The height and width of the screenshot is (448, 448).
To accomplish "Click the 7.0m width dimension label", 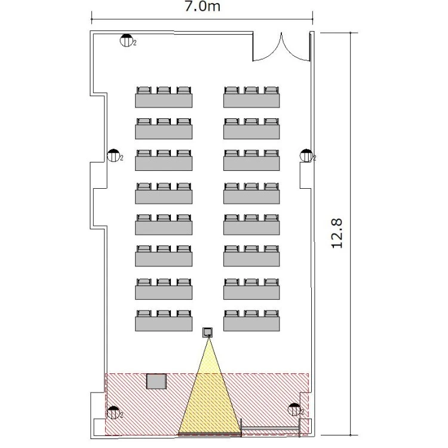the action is coord(202,7).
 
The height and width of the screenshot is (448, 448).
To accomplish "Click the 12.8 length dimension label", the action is coord(337,234).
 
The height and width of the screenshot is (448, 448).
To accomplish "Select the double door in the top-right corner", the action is coord(281,47).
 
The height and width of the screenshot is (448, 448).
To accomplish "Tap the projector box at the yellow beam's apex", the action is coord(208,332).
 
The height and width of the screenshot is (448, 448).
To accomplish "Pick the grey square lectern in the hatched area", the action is coord(157,381).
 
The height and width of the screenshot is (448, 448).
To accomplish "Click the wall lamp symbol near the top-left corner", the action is coord(126,40).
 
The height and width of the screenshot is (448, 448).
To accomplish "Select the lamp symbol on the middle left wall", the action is coord(113,156).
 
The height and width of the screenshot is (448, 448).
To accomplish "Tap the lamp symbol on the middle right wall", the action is coord(306,156).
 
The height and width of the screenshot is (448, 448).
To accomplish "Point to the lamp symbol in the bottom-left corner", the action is coord(113,413).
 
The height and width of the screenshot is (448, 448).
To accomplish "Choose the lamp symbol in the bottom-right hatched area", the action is coord(294,409).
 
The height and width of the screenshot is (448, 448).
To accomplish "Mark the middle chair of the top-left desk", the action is coord(164,90).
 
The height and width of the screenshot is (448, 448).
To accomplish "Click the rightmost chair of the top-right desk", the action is coord(271,90).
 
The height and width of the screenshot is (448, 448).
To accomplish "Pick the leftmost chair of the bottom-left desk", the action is coord(144,314).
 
